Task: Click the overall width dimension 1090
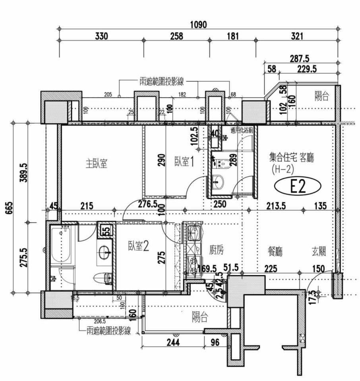(198, 25)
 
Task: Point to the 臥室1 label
(184, 162)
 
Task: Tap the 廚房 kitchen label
(216, 250)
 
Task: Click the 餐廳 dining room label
(275, 251)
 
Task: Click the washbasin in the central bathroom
(218, 183)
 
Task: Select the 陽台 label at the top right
(321, 96)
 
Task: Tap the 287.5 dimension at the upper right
(299, 59)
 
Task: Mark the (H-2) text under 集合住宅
(283, 170)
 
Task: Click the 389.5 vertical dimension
(23, 172)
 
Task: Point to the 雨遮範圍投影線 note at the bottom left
(108, 331)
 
